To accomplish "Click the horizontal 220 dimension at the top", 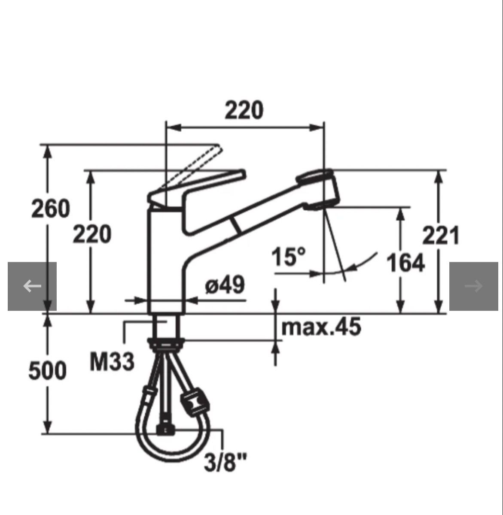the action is pos(244,110).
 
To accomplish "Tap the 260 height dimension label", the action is pos(51,209).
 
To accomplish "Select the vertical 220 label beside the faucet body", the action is pos(92,234).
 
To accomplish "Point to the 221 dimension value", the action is pos(440,235).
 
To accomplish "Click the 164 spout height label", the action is pos(405,263).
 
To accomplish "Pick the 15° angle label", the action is pos(289,256).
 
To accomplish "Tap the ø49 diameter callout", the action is pos(225,285).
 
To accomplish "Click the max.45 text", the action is pos(321,327).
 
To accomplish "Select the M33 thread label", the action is pos(112,362).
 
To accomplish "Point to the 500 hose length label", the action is pos(47,371).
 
